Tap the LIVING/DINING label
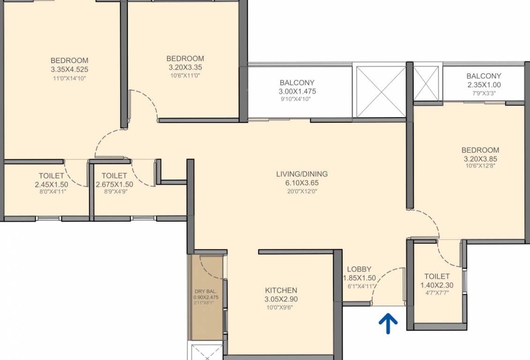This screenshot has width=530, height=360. [x=302, y=174]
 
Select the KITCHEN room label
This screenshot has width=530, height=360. [x=281, y=290]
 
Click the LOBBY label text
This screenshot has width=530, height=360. [x=359, y=269]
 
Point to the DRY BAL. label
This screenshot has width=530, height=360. [x=206, y=291]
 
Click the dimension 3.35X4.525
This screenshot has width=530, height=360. [x=69, y=69]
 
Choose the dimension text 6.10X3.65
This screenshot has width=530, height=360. [x=302, y=183]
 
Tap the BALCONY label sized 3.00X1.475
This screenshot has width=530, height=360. [x=297, y=82]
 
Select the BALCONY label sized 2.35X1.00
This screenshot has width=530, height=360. [x=484, y=76]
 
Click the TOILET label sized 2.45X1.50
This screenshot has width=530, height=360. [x=51, y=176]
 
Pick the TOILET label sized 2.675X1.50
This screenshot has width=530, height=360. [x=114, y=176]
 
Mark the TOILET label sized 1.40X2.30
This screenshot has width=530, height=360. [x=437, y=276]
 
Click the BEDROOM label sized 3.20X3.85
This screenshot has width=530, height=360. [x=480, y=150]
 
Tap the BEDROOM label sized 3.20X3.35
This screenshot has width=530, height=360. [x=185, y=59]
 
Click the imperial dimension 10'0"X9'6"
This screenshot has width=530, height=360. [x=281, y=307]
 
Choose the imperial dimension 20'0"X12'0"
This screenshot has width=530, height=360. [x=302, y=191]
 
